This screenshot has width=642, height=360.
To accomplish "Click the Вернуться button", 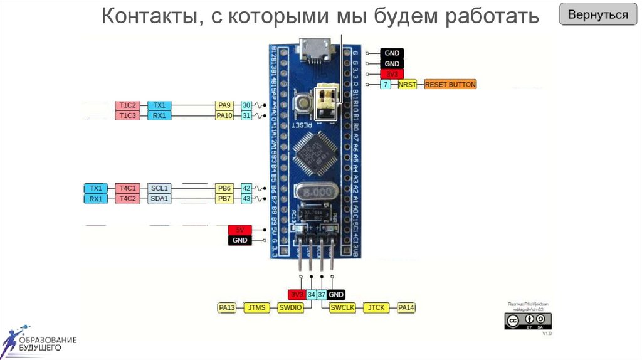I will click(598, 14).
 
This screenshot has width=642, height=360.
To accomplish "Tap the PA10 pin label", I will click(224, 115).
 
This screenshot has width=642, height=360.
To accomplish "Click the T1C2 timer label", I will click(127, 105).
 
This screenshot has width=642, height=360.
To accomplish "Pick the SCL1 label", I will click(159, 188).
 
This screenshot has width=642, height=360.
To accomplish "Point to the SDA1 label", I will click(159, 199).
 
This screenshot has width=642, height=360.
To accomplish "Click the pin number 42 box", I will click(247, 188).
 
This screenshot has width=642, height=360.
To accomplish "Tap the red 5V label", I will click(239, 230).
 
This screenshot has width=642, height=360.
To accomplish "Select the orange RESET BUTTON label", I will click(450, 84).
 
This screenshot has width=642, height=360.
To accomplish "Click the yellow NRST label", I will click(408, 84).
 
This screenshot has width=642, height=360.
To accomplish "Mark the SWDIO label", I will click(290, 308).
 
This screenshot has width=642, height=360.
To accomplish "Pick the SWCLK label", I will click(342, 308).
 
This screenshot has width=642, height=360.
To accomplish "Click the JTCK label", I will click(376, 308).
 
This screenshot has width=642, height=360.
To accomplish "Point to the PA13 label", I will click(226, 308).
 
